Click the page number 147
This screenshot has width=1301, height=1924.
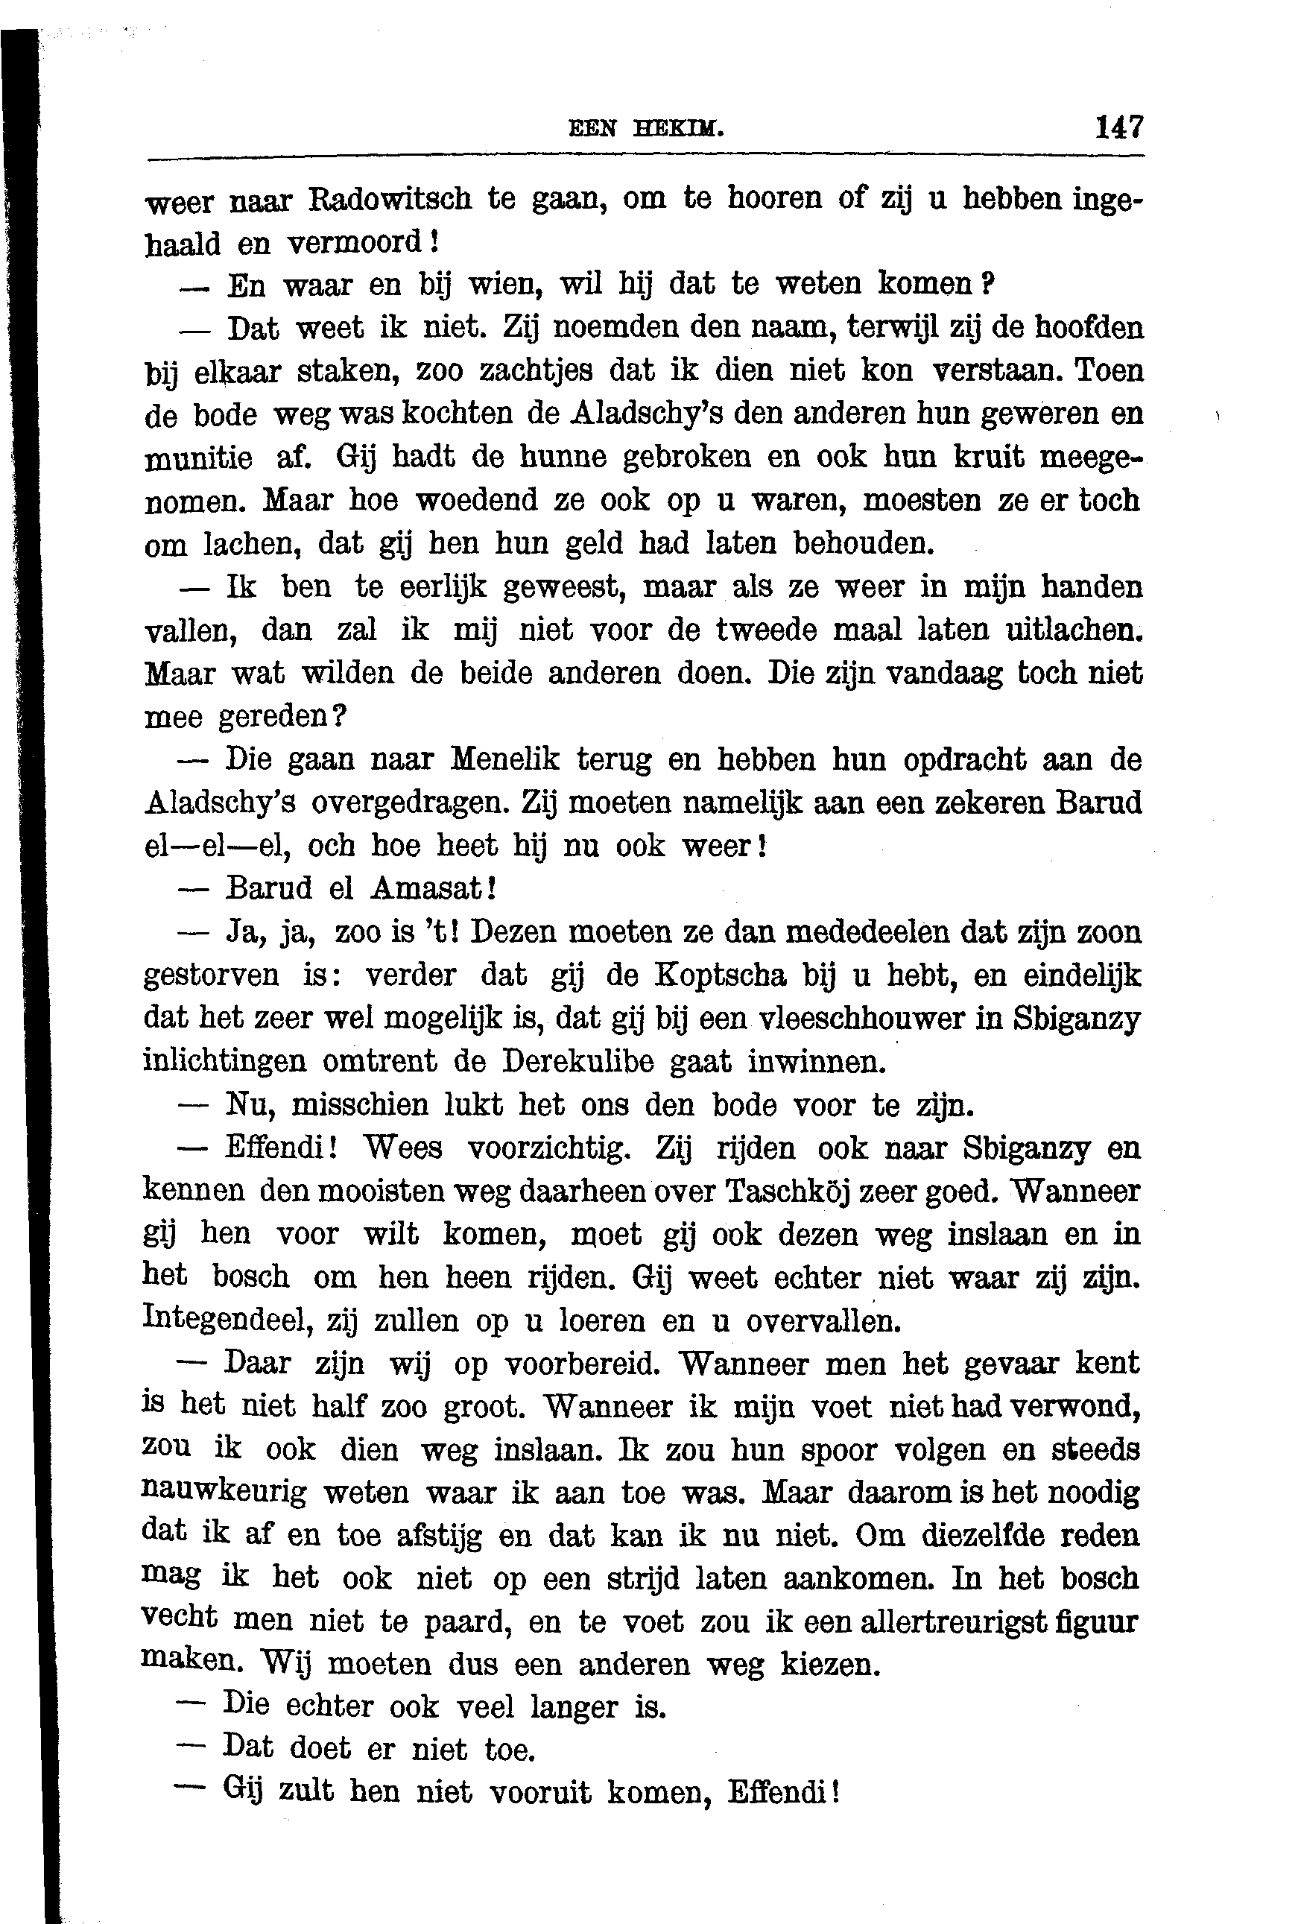point(1119,127)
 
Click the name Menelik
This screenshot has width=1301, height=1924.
point(505,759)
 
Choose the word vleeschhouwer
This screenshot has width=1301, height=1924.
point(852,1019)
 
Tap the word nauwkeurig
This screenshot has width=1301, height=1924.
point(224,1493)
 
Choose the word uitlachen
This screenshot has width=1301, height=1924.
point(1072,630)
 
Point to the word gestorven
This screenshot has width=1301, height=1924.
point(212,975)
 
